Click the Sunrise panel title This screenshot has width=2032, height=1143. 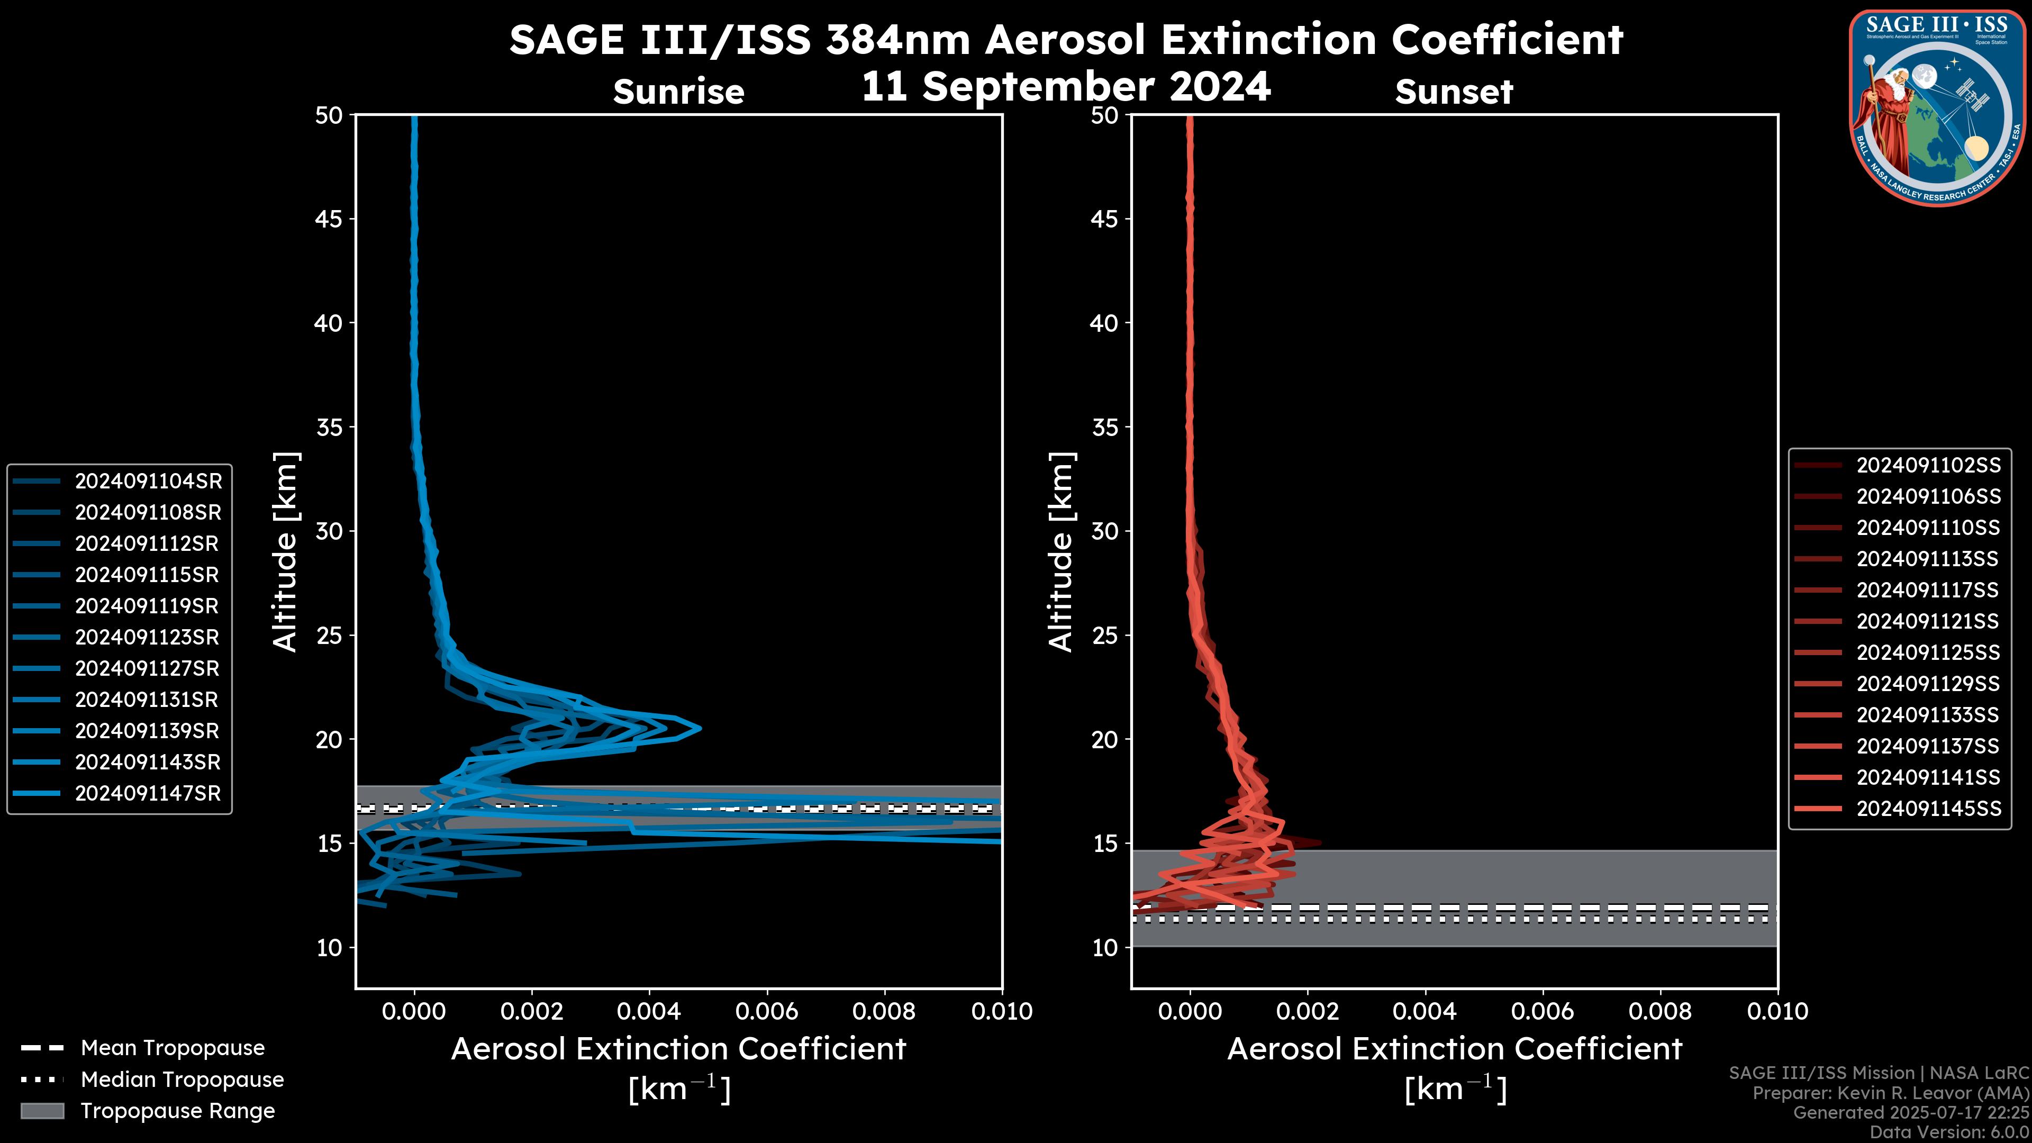coord(678,92)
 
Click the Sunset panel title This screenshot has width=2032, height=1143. coord(1454,92)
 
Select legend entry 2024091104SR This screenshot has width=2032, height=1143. coord(148,481)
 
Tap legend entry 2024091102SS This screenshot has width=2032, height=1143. coord(1928,466)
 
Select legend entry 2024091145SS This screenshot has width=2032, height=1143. coord(1928,809)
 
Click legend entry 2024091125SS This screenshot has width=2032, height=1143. coord(1928,653)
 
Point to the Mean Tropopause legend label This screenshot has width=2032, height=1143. coord(173,1048)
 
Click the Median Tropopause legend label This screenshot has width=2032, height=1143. coord(182,1079)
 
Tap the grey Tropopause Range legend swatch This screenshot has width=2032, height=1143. coord(42,1111)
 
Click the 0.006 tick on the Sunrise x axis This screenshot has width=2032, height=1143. coord(767,1011)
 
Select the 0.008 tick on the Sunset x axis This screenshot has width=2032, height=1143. coord(1661,1011)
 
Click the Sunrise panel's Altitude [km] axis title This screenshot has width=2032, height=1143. coord(285,551)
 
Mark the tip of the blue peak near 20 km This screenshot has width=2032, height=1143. coord(700,728)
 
